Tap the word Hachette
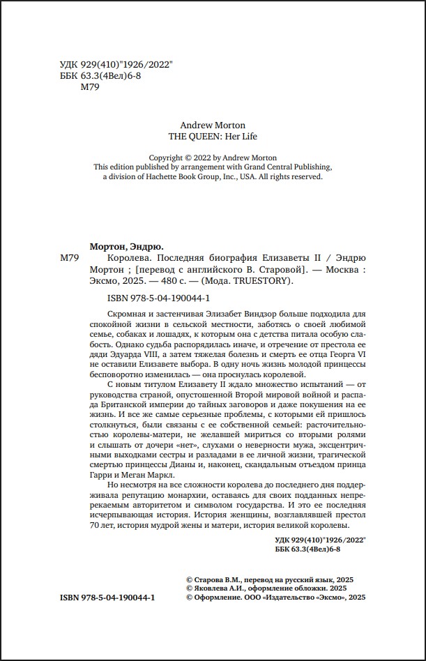tap(162, 177)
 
